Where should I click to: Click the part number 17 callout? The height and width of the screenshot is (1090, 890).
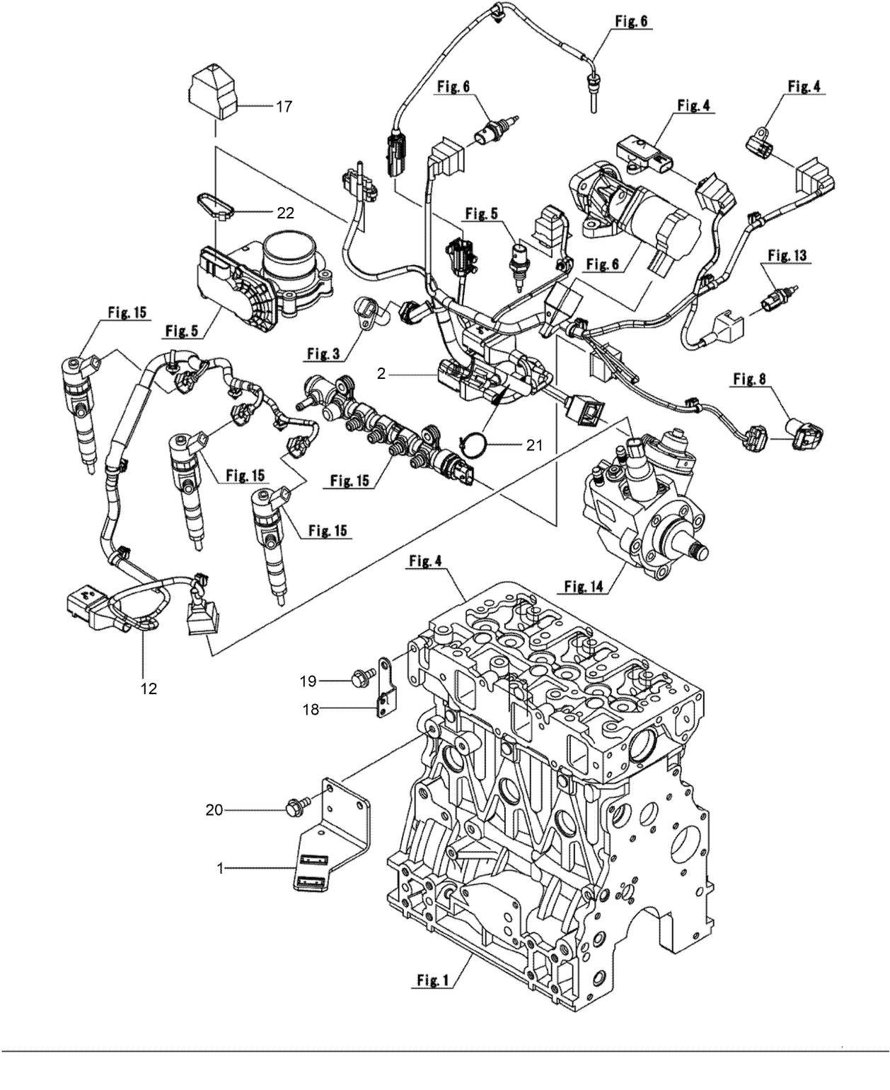pyautogui.click(x=284, y=107)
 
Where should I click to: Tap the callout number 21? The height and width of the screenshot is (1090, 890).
pyautogui.click(x=535, y=445)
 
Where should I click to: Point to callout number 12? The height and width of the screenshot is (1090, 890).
pyautogui.click(x=149, y=687)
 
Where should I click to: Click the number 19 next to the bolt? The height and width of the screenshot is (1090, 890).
pyautogui.click(x=307, y=681)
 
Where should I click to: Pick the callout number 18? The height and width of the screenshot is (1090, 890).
pyautogui.click(x=311, y=710)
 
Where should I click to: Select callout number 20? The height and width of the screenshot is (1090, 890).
pyautogui.click(x=215, y=810)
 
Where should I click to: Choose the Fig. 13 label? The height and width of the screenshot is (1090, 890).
pyautogui.click(x=787, y=255)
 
